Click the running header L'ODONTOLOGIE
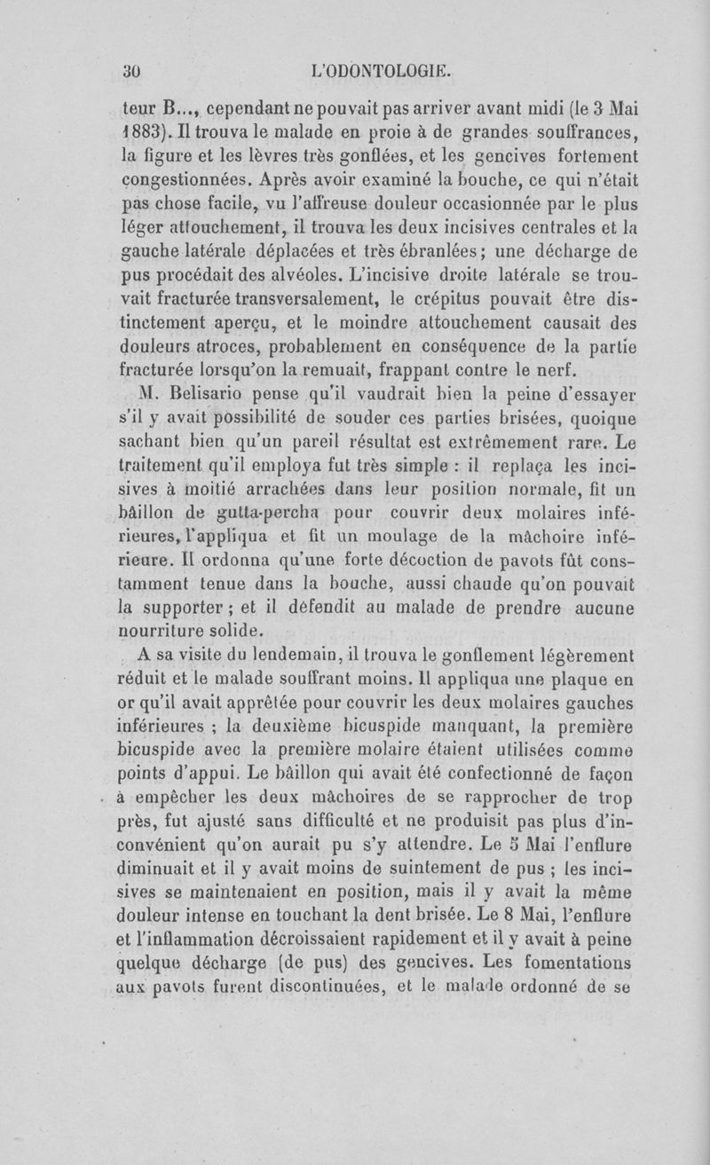coord(384,65)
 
